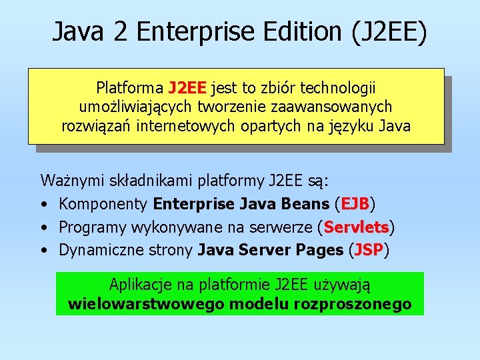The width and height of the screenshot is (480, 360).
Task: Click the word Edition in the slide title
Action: point(301,31)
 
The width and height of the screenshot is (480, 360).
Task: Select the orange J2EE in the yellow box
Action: point(187,88)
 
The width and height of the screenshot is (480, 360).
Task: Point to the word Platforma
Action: point(129,88)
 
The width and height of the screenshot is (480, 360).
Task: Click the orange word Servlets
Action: point(356,227)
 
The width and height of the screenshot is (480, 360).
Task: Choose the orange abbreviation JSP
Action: point(369,251)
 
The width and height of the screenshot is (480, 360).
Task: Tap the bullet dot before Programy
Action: point(43,228)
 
